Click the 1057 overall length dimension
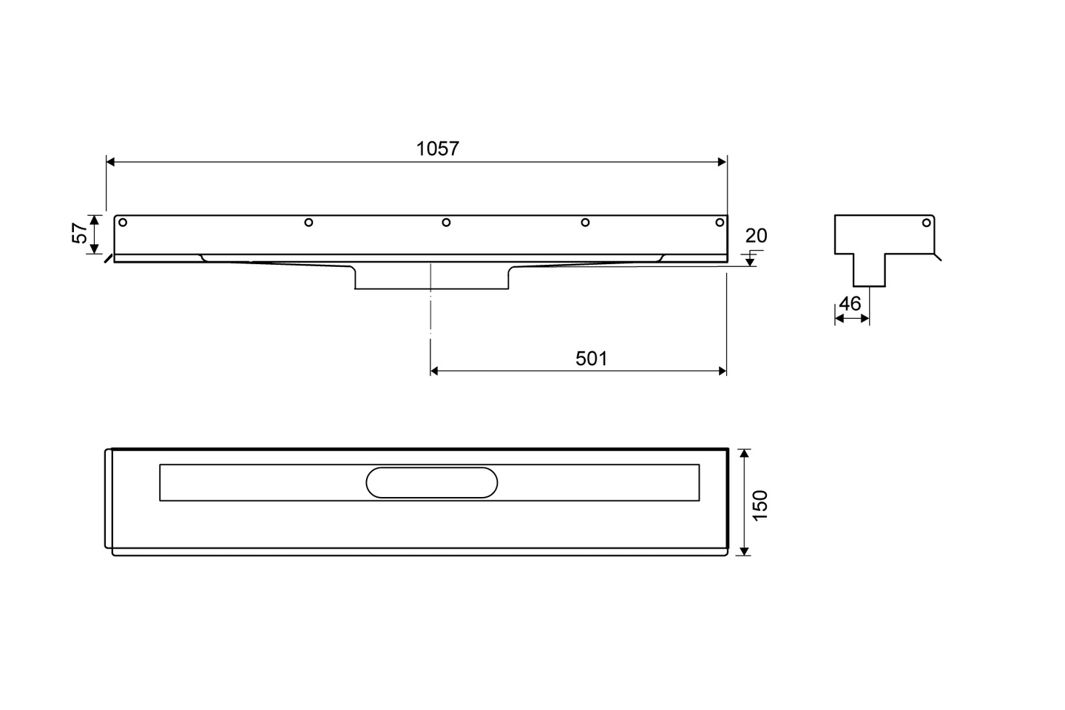tap(437, 149)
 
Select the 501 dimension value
tap(591, 359)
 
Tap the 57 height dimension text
tap(80, 233)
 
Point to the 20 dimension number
tap(756, 235)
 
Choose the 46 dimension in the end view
tap(850, 303)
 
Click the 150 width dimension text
tap(760, 505)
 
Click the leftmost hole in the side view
tap(123, 223)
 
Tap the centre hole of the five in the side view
tap(446, 223)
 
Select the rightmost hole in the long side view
tap(720, 223)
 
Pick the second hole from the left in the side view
tap(308, 223)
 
